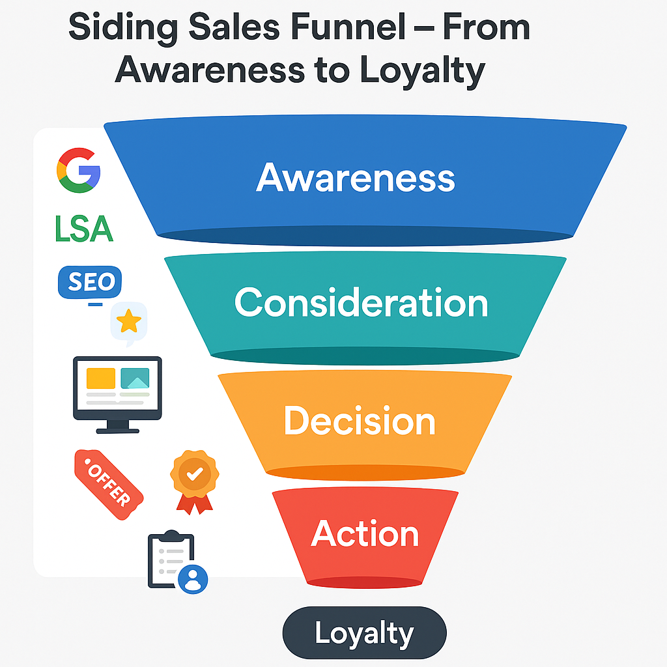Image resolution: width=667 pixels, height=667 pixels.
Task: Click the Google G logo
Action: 78,169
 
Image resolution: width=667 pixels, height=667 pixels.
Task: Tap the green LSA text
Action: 84,229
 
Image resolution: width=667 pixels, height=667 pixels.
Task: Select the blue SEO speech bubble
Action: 90,283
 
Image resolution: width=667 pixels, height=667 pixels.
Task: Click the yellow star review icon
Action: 129,321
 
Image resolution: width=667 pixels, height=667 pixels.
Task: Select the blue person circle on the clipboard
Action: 193,578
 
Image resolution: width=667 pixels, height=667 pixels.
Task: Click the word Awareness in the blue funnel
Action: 356,177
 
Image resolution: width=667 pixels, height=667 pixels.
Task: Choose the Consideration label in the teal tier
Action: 361,303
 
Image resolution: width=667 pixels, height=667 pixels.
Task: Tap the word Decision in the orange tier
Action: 360,421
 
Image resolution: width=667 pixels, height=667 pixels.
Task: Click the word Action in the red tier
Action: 365,533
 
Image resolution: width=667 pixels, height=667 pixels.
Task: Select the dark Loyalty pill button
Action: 364,633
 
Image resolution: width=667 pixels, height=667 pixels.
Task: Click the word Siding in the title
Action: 116,29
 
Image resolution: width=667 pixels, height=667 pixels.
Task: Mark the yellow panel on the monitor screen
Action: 100,378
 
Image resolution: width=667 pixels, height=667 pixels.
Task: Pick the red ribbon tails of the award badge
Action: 194,504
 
